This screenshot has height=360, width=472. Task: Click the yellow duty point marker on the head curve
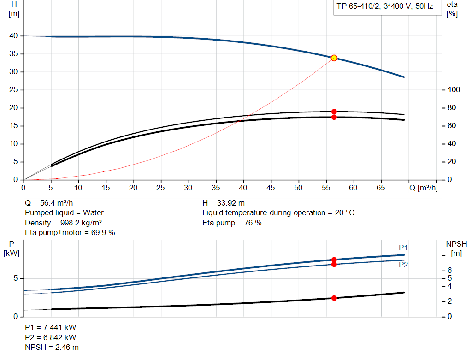(x=334, y=58)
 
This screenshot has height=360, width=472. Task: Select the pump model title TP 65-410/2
(x=384, y=6)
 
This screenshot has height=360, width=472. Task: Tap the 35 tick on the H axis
(x=13, y=54)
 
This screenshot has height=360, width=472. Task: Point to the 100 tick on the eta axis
(x=453, y=90)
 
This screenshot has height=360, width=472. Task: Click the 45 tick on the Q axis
(x=271, y=188)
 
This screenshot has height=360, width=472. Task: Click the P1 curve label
(x=403, y=248)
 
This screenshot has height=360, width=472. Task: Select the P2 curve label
(x=403, y=265)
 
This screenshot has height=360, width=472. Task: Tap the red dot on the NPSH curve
(x=334, y=298)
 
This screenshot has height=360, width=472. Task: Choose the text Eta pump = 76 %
(x=232, y=223)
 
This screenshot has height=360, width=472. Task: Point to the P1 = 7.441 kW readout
(x=51, y=327)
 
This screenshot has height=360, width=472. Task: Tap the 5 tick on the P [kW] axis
(x=16, y=278)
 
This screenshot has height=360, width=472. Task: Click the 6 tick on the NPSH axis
(x=449, y=270)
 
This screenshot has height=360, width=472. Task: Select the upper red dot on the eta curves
(x=334, y=112)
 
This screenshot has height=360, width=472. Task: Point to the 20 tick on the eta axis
(x=451, y=162)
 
